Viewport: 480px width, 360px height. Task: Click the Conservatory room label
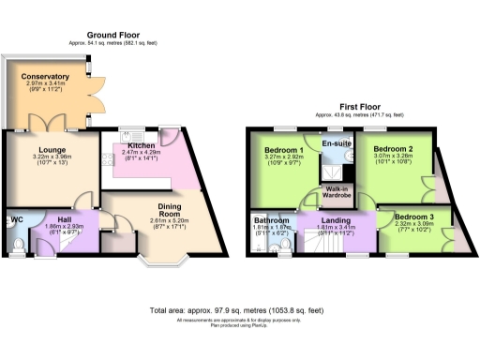[48, 77]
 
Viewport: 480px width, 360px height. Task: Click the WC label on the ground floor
[14, 221]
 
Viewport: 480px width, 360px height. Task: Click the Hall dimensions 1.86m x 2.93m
[66, 226]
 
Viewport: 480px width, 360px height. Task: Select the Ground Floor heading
[109, 34]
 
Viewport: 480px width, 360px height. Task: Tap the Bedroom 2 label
[393, 149]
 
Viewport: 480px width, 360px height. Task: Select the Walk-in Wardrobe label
[338, 192]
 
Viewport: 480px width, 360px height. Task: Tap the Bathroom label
[271, 221]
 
